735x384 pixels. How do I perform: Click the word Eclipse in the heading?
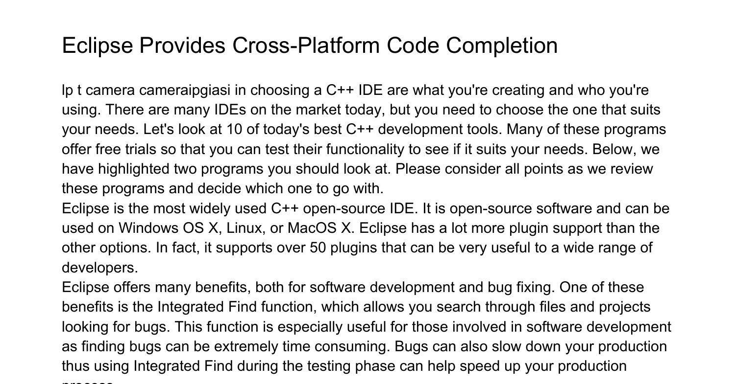click(x=98, y=46)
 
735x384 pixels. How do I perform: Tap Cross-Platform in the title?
click(x=306, y=45)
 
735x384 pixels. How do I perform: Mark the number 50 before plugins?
click(x=318, y=248)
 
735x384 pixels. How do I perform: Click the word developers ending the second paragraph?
click(x=100, y=268)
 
